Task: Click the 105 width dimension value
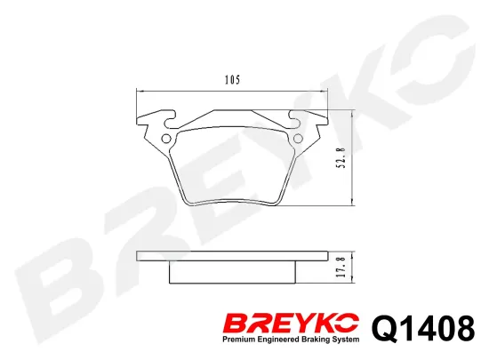click(x=231, y=80)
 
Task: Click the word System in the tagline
click(x=343, y=340)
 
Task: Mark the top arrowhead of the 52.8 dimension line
click(x=354, y=113)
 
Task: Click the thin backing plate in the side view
click(x=231, y=258)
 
